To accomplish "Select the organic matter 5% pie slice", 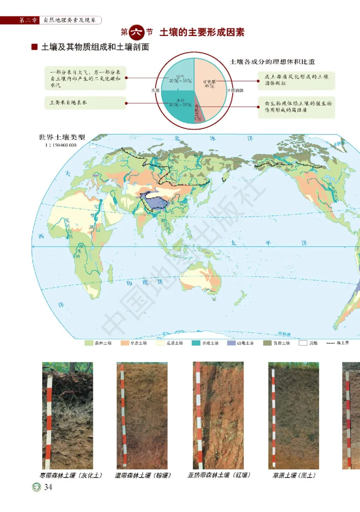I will point(198,114).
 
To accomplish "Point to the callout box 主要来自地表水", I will point(85,103).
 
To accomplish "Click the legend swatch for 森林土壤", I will point(89,343).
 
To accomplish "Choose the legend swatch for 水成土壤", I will point(196,343).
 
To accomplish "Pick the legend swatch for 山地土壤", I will point(231,343).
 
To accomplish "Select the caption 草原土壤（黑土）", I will point(294,475).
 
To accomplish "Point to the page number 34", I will point(49,487).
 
